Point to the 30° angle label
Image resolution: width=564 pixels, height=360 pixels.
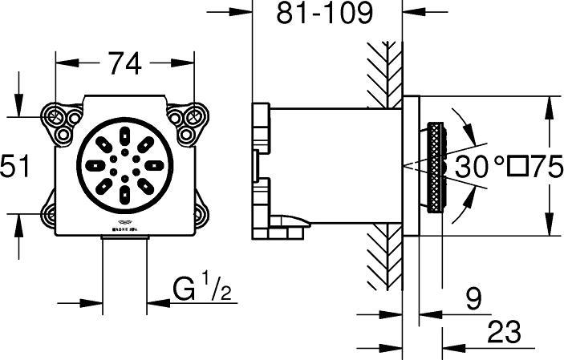pos(480,167)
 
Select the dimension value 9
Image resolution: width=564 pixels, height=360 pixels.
pos(473,301)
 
